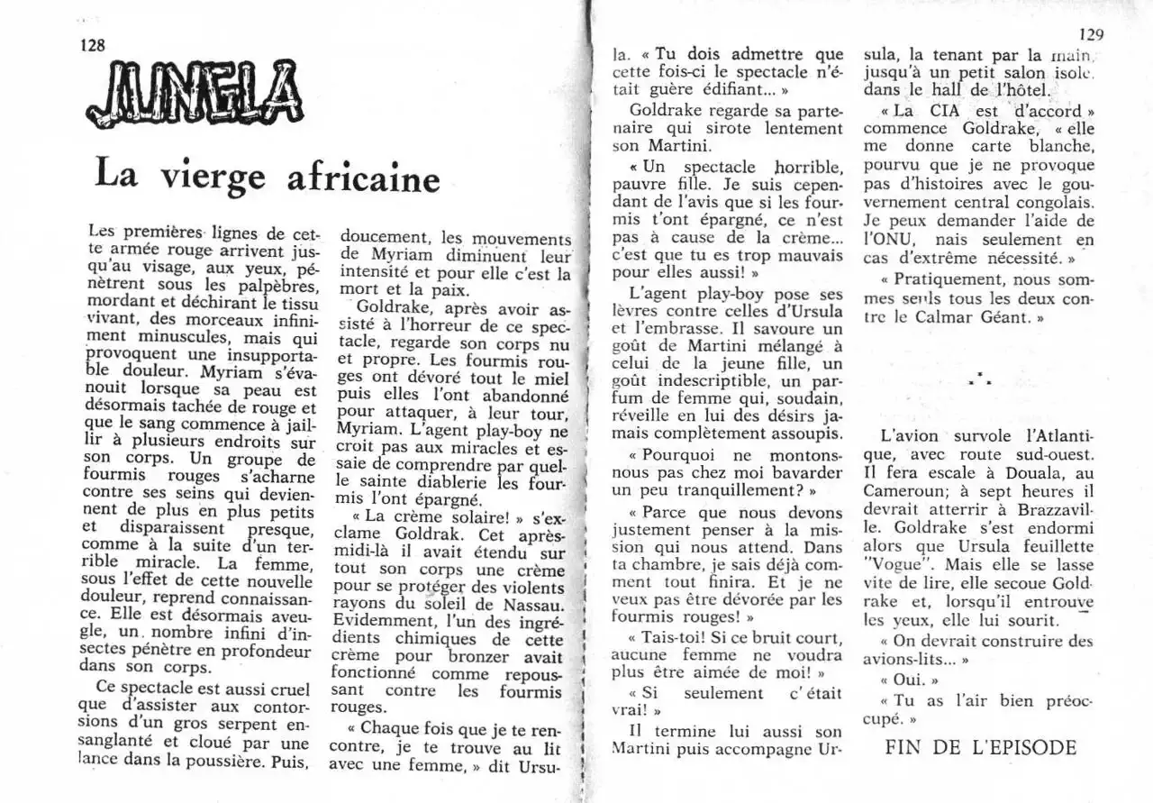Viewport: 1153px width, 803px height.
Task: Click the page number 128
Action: tap(94, 46)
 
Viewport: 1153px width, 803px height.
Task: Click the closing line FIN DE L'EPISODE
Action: tap(981, 747)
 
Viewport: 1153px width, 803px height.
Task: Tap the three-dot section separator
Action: tap(980, 379)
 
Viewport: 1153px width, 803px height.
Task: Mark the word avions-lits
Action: tap(903, 659)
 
